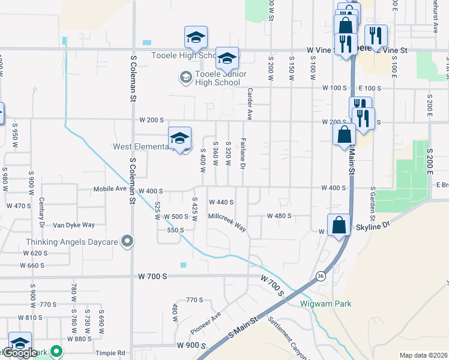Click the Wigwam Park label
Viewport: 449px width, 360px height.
(x=325, y=304)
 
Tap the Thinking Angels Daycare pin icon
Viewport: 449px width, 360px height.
(x=127, y=241)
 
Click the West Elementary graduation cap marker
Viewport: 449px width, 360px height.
(x=179, y=139)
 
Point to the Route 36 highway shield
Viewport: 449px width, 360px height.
(x=321, y=276)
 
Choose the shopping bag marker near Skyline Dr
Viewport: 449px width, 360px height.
(x=339, y=226)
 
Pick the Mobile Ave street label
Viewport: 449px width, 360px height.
(x=110, y=189)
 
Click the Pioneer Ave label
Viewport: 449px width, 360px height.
(x=206, y=323)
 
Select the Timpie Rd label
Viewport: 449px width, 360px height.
(x=112, y=353)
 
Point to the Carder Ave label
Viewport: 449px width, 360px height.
(x=249, y=103)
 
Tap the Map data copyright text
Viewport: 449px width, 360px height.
(x=423, y=355)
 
